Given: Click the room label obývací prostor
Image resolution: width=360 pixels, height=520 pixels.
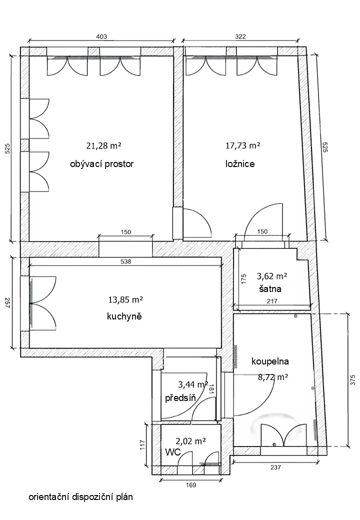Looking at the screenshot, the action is pos(102,164).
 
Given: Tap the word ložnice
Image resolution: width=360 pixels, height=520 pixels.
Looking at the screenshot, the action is pos(240,163).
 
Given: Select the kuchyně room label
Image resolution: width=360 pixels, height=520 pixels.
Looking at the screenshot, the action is pos(124,316).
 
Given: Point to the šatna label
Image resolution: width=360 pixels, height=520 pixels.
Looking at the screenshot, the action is pos(270,288).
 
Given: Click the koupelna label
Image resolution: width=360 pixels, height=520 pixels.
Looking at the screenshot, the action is pos(270,361).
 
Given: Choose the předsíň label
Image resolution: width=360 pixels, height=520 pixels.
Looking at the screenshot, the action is pos(180,397).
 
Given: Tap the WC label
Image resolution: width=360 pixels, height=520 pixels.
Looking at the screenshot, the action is pos(173,452).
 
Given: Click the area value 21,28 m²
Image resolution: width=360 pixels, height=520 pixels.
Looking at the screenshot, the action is pos(103,145).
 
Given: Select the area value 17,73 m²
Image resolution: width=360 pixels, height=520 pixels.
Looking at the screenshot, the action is pos(242,145).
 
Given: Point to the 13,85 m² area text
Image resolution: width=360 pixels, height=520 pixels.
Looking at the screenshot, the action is pos(125,300).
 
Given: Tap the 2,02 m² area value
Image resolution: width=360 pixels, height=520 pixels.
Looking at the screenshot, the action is pos(190,441).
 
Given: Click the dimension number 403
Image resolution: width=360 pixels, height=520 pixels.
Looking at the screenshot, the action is pos(101,36).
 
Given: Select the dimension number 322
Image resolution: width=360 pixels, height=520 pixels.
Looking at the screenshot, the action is pos(240,36).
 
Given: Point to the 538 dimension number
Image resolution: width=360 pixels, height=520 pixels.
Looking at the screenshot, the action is pos(126,261).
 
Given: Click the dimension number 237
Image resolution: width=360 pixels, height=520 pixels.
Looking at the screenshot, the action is pos(275,467).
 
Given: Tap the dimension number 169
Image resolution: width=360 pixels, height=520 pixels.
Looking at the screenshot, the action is pos(191,485).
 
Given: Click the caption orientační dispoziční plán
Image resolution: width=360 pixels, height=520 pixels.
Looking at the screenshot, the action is pos(81,497).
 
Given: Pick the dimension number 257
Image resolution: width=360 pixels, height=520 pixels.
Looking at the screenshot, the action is pos(7,303).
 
